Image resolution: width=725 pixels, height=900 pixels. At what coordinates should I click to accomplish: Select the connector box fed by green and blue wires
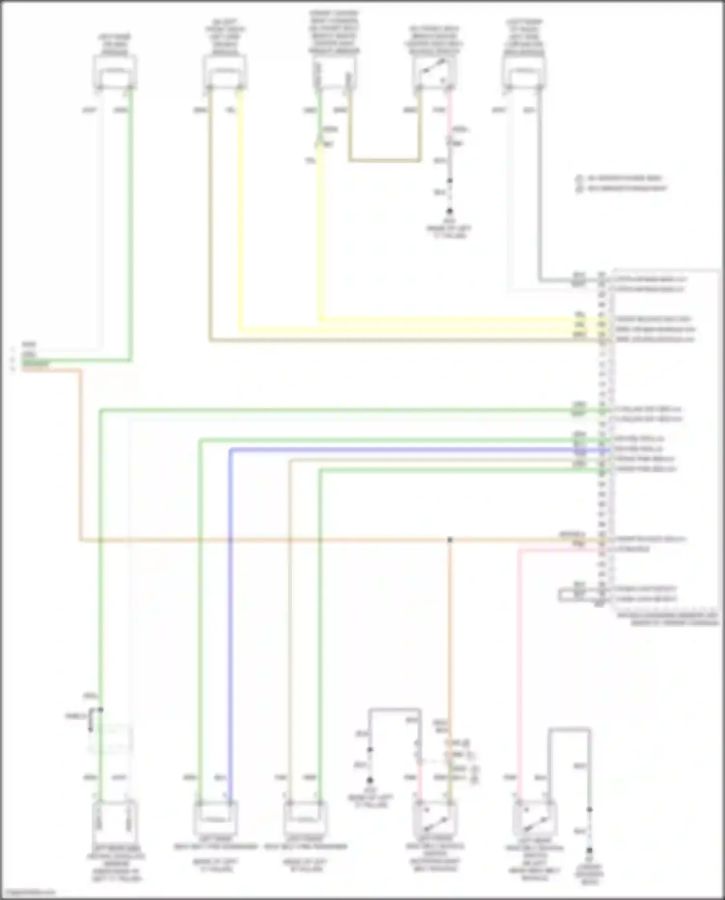point(215,816)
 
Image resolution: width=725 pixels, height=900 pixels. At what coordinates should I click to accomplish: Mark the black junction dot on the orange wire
point(450,539)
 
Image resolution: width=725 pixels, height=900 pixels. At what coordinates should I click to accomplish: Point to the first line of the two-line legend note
point(623,178)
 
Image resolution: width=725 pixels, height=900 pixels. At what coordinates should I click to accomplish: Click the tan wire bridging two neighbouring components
point(384,160)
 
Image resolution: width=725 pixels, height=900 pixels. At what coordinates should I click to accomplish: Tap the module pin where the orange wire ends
point(602,539)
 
